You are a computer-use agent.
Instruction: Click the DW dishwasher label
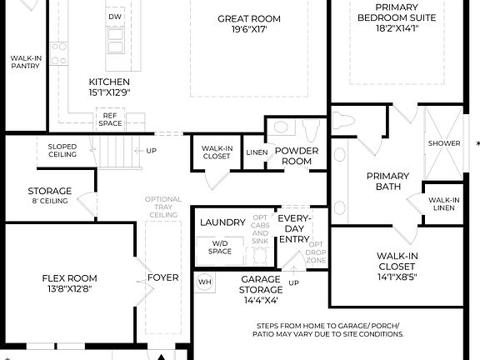116,17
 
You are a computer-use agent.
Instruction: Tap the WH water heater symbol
204,282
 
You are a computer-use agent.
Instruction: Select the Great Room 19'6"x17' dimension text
249,31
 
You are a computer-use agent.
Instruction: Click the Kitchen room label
109,82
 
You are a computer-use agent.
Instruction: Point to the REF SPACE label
110,119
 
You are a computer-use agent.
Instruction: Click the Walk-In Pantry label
26,62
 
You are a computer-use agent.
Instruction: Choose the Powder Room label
297,156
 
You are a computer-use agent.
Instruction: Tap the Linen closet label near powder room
256,152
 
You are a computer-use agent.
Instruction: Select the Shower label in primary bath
444,143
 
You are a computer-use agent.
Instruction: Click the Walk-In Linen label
443,204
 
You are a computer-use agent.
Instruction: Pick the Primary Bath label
388,181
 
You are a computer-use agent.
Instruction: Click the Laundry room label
222,222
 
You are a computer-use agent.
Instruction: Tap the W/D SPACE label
221,247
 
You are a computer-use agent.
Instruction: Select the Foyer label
162,277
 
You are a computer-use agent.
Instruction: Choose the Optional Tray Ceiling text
162,207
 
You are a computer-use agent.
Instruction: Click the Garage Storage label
260,285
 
